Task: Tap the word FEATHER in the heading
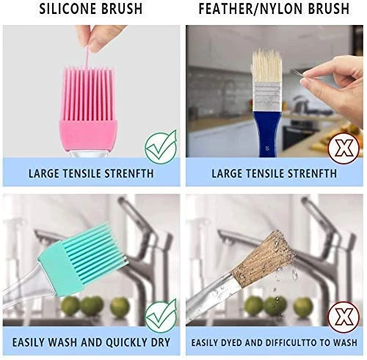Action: (x=227, y=9)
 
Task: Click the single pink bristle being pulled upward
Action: (x=87, y=57)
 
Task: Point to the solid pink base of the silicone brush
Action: (x=88, y=135)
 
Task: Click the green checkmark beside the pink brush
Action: (x=161, y=146)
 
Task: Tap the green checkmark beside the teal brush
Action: (x=161, y=315)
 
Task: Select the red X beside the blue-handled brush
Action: (x=344, y=148)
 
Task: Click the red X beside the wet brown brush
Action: (x=344, y=317)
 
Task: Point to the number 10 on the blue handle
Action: (x=267, y=148)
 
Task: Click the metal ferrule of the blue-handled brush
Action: (x=267, y=97)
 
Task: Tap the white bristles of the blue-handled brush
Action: (x=266, y=65)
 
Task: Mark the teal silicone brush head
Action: (x=81, y=261)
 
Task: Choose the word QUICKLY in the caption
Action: (x=126, y=342)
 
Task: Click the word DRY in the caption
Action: (x=161, y=342)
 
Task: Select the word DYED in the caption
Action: (x=231, y=342)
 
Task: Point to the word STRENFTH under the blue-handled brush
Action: (x=312, y=173)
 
